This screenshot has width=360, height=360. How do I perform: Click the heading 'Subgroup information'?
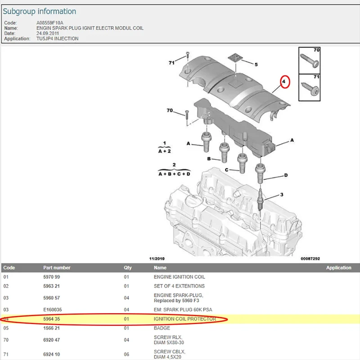click(40, 11)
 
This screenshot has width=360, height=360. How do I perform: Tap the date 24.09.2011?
click(48, 33)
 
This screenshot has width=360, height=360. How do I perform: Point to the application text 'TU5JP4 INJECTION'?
click(58, 39)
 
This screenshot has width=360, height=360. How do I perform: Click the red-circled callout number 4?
click(284, 81)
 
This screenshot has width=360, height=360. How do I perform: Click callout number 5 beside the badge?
click(256, 64)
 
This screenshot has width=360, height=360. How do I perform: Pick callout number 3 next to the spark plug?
click(282, 195)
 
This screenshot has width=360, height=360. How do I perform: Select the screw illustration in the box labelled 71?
click(310, 87)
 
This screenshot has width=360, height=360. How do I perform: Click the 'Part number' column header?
click(57, 268)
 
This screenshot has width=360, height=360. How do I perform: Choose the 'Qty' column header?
click(128, 268)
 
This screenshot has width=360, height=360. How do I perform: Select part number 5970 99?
click(52, 277)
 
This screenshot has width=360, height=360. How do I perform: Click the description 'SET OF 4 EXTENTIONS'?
click(179, 286)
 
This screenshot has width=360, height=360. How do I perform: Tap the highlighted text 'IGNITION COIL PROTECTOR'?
click(185, 319)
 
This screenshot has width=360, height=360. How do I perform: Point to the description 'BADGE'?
click(162, 328)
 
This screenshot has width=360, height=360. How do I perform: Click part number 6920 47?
click(52, 340)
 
